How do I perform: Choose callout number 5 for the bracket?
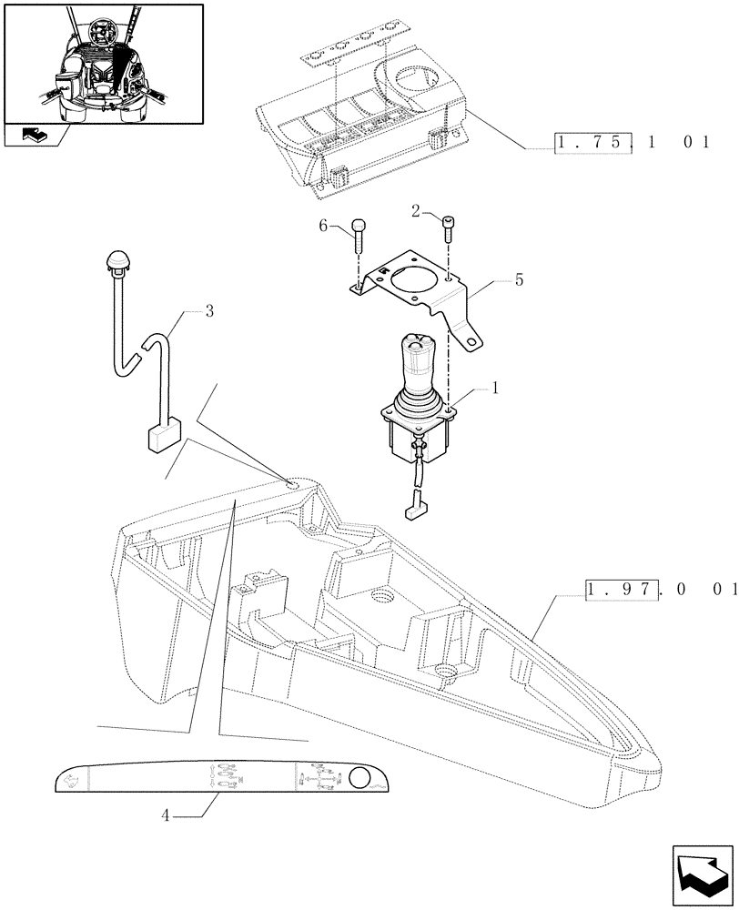[519, 280]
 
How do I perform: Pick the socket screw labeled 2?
[448, 227]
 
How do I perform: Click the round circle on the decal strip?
[359, 779]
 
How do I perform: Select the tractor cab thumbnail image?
[102, 63]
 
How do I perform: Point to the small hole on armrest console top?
[290, 484]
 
